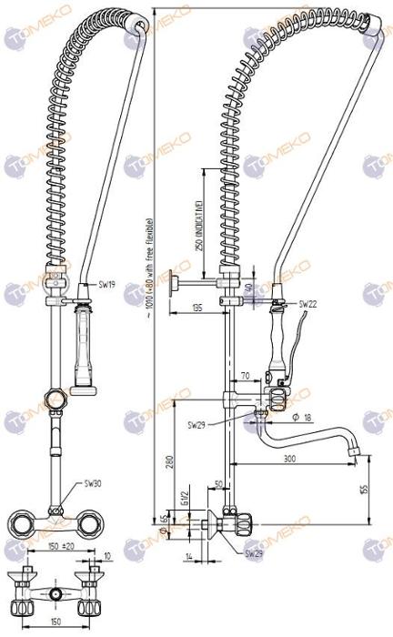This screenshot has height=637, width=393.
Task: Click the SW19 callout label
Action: pos(106,285)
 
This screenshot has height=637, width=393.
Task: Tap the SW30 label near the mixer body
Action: pos(94,483)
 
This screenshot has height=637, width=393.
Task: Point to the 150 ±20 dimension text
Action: pos(61,546)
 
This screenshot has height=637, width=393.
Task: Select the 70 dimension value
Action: pos(245,375)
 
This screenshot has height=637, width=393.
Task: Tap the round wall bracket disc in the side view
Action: pos(170,285)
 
